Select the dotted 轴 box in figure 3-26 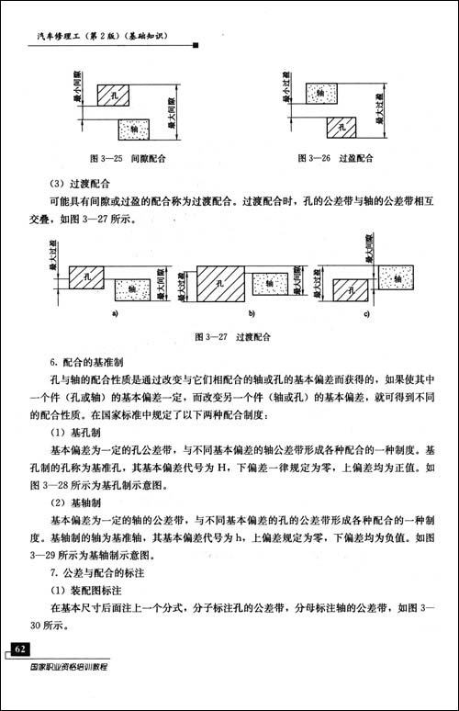click(x=318, y=93)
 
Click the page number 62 click(x=21, y=649)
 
